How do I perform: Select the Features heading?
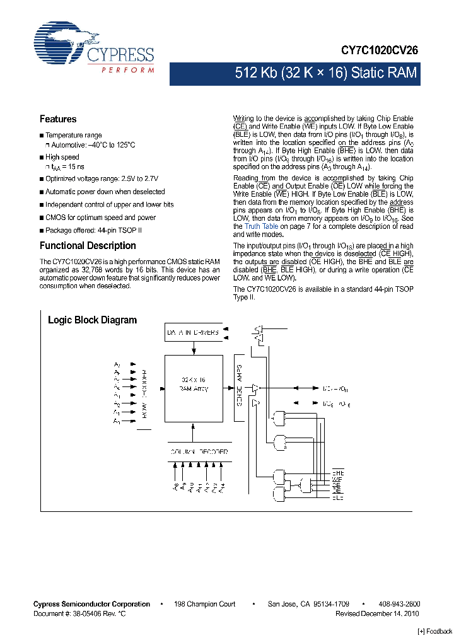point(58,119)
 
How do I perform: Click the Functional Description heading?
point(88,246)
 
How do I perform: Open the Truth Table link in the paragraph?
point(261,226)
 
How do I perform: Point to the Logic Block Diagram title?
point(92,320)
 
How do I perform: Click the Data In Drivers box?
point(193,332)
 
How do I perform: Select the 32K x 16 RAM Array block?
point(193,385)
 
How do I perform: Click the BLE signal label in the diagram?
point(337,498)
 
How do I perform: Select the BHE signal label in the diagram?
point(337,473)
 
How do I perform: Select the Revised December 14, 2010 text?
point(376,613)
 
